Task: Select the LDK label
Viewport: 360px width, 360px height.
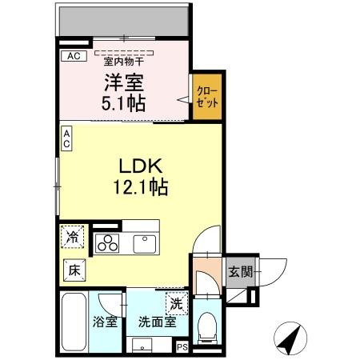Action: [142, 166]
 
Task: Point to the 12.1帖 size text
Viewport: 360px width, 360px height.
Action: [142, 188]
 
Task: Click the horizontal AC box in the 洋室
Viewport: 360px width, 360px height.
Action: [73, 56]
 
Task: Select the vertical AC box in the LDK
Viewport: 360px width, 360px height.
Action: [67, 138]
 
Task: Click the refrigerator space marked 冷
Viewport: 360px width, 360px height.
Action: [73, 237]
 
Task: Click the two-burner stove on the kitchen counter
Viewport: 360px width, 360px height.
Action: [107, 242]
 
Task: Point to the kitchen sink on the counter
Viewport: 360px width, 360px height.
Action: [145, 242]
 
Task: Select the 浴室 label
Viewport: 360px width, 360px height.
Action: [105, 323]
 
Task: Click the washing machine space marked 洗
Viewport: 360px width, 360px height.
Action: [176, 302]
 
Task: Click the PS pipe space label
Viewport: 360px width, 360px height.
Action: [182, 346]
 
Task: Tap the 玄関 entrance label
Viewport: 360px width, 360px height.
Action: [239, 270]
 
